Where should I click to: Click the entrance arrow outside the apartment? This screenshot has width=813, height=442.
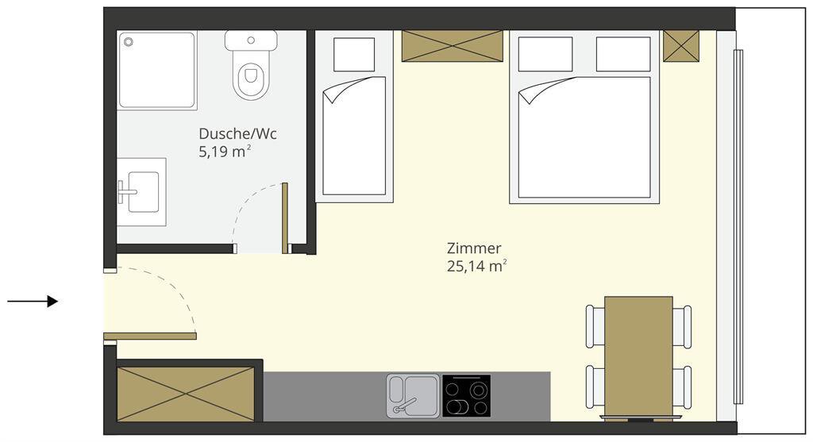tap(32, 301)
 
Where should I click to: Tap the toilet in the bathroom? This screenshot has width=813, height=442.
tap(251, 65)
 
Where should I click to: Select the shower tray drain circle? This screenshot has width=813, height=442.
tap(128, 42)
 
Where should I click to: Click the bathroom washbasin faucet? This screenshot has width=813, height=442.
tap(126, 192)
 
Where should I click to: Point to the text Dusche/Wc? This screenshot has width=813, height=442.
tap(237, 133)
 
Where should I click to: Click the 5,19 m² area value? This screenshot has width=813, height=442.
tap(225, 152)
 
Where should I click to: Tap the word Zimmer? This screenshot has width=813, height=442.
tap(474, 248)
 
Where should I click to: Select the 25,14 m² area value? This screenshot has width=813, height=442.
tap(476, 267)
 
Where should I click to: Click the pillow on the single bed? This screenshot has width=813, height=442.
tap(354, 55)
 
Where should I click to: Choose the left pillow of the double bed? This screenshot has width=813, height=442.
tap(545, 54)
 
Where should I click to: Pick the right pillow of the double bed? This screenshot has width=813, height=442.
tap(623, 54)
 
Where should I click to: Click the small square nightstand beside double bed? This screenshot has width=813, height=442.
tap(681, 46)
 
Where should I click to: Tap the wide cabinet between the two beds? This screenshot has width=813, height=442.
tap(452, 46)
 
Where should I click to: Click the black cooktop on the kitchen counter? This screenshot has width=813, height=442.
tap(466, 396)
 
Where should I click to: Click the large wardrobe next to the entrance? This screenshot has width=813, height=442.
tap(186, 394)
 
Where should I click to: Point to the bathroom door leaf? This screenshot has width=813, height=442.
tap(285, 218)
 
